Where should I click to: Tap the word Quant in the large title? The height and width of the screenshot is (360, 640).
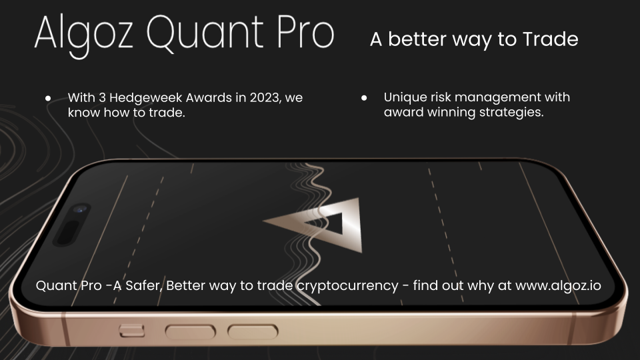tap(205, 33)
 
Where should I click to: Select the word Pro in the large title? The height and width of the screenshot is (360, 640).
tap(306, 32)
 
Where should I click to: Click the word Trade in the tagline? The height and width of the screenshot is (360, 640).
tap(550, 39)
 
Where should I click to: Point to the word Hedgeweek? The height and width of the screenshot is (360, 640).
tap(146, 97)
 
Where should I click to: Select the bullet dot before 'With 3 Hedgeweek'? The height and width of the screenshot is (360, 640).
tap(48, 98)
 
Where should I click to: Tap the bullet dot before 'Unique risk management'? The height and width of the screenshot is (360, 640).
tap(364, 97)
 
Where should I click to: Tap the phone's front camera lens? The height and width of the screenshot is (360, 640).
tap(80, 209)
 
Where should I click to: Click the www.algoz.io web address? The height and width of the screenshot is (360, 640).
tap(558, 285)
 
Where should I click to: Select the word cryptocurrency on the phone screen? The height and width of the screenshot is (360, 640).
tap(347, 286)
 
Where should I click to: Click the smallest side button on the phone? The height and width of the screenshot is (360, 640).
tap(132, 330)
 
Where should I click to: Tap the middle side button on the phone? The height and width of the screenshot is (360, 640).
tap(190, 331)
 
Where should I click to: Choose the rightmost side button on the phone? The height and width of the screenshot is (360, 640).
tap(253, 331)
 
